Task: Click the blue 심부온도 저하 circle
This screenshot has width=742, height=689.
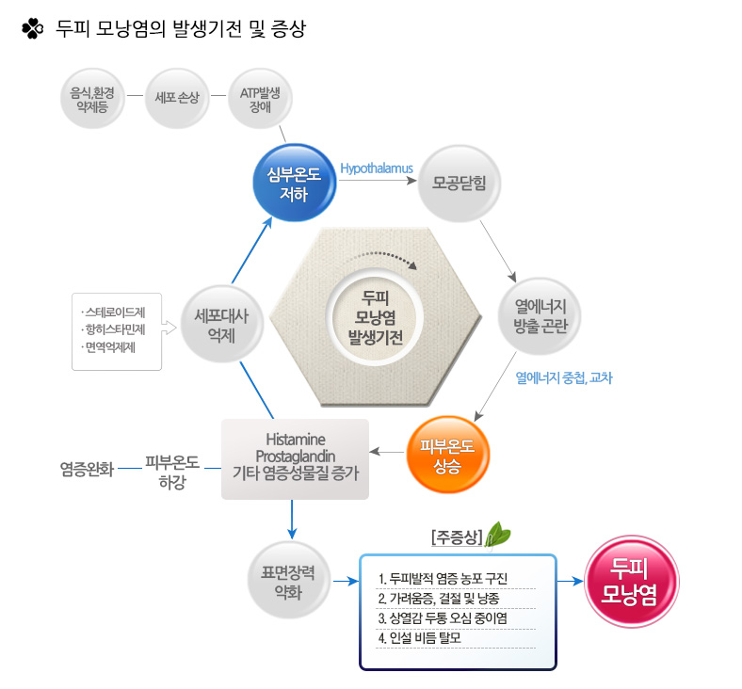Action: click(295, 184)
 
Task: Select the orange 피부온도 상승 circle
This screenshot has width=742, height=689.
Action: click(447, 455)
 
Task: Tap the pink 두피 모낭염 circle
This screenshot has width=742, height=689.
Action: click(631, 582)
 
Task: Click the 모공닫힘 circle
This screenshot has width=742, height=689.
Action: click(459, 184)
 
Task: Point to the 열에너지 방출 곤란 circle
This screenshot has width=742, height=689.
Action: click(540, 316)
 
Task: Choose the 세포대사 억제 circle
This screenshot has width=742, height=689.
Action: click(221, 325)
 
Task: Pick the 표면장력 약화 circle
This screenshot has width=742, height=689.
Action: click(288, 581)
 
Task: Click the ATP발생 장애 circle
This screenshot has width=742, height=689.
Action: click(260, 98)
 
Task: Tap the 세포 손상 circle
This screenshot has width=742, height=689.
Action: click(177, 98)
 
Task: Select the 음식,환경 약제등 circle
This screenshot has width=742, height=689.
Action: click(92, 98)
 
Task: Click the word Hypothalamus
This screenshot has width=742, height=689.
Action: click(377, 168)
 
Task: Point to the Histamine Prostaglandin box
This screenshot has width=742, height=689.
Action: click(296, 458)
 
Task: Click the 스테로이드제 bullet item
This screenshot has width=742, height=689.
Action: click(114, 312)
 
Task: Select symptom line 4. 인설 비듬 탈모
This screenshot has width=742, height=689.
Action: click(419, 638)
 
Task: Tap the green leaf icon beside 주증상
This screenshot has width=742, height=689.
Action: click(497, 536)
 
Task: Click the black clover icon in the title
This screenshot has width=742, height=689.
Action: click(33, 28)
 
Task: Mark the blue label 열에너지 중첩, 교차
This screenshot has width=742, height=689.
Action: click(564, 377)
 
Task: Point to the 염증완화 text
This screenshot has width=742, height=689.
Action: click(87, 469)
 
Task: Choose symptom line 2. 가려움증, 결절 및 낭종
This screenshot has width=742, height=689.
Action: click(438, 599)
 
